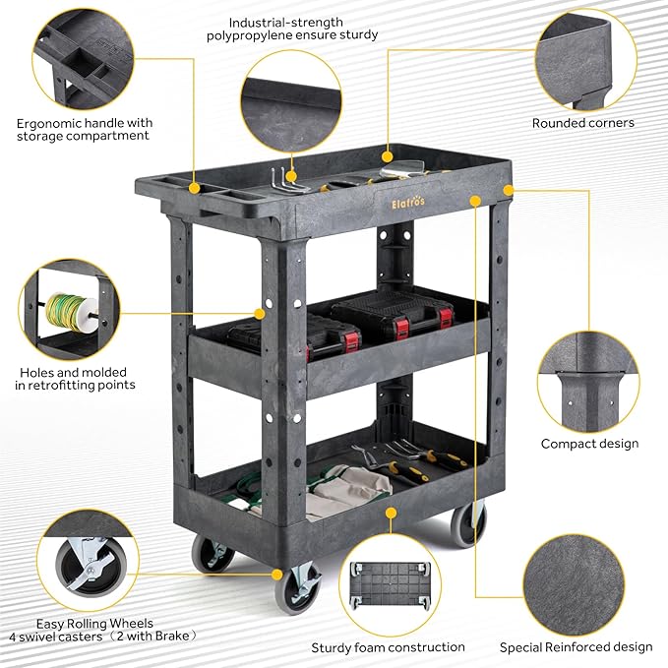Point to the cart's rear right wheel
pyautogui.click(x=468, y=524)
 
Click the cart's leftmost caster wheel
pyautogui.click(x=211, y=554)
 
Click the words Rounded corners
pyautogui.click(x=583, y=123)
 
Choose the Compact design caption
pyautogui.click(x=589, y=444)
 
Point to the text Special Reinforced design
pyautogui.click(x=576, y=646)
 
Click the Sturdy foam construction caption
pyautogui.click(x=388, y=646)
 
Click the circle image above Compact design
pyautogui.click(x=588, y=379)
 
